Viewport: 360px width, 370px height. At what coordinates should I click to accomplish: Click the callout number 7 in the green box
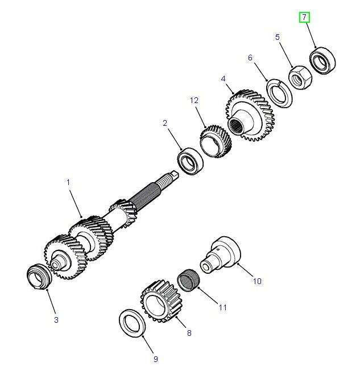[x=305, y=18]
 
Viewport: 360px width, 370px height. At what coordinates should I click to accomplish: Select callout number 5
[x=278, y=38]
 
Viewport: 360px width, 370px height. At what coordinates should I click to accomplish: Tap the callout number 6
[x=250, y=57]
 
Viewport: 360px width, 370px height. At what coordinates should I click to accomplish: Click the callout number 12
[x=195, y=101]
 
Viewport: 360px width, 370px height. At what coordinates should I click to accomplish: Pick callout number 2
[x=165, y=122]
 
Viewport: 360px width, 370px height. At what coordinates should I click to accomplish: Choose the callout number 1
[x=68, y=183]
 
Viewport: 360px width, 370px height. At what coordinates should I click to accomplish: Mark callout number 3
[x=56, y=320]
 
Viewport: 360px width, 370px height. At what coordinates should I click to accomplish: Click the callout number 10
[x=257, y=281]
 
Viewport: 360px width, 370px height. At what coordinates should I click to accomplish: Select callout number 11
[x=222, y=307]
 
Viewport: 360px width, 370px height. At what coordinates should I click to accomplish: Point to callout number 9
[x=155, y=359]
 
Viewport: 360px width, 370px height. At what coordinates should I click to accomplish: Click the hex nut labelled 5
[x=297, y=76]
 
